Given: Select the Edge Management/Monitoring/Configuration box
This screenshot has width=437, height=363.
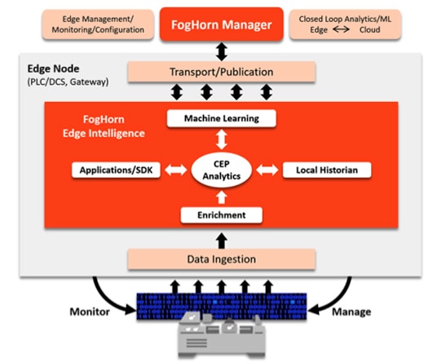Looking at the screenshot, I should click(x=99, y=24).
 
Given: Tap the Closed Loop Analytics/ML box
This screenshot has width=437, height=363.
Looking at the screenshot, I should click(x=341, y=24).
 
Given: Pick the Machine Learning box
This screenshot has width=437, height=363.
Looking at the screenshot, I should click(x=222, y=118).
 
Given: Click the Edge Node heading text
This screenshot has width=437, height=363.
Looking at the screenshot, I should click(x=52, y=71).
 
